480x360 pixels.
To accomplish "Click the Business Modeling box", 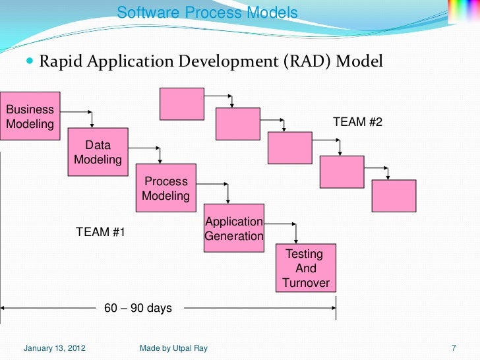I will point(30,115).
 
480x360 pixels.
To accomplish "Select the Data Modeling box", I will point(98,152).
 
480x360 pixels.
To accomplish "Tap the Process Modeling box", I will point(165,189).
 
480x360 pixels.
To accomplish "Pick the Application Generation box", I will point(234,229).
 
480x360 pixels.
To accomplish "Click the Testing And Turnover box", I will point(305,268).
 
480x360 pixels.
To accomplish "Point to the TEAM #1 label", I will point(100,232).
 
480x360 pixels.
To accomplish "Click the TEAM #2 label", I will point(357,123).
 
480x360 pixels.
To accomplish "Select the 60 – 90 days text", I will point(138,307).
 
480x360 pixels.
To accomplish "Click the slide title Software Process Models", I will point(207,13).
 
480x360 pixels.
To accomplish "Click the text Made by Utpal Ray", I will point(173,347).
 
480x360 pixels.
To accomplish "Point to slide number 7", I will point(454,347).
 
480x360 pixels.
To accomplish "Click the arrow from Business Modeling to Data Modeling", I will point(84,114).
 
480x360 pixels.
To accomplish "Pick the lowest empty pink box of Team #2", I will point(394,196).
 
